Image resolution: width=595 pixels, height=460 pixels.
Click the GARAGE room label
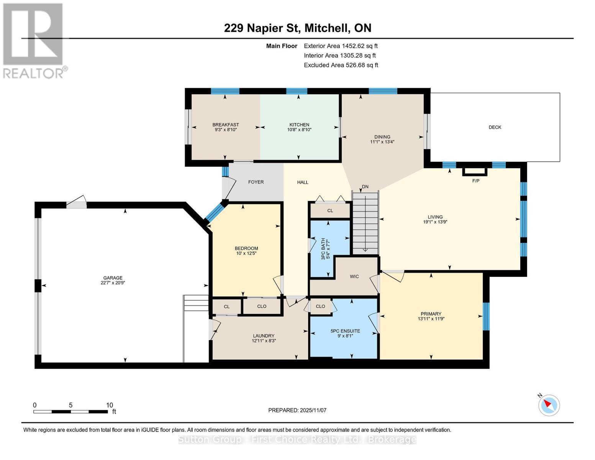coord(113,278)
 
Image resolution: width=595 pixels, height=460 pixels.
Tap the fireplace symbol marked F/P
coord(475,172)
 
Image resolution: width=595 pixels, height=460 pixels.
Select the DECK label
coord(495,127)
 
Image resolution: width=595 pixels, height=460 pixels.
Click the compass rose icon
coord(549,405)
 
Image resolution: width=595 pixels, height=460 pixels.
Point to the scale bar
coord(70,411)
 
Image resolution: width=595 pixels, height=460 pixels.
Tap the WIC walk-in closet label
coord(354,276)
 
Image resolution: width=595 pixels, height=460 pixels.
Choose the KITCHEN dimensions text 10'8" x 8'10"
coord(299,130)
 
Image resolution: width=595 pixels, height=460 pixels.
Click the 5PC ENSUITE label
coord(345,331)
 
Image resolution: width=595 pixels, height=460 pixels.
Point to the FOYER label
coord(256,182)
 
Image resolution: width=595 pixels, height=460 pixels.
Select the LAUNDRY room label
coord(264,335)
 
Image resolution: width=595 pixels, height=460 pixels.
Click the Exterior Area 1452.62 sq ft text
coord(341,46)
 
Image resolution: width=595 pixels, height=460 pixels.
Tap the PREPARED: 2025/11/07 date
coord(297,410)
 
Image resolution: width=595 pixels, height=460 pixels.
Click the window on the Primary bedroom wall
coord(486,316)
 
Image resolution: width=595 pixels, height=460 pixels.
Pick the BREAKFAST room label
coord(226,125)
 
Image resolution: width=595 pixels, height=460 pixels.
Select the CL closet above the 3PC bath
coord(330,210)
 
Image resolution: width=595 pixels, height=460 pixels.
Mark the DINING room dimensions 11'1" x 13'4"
coord(382,142)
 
